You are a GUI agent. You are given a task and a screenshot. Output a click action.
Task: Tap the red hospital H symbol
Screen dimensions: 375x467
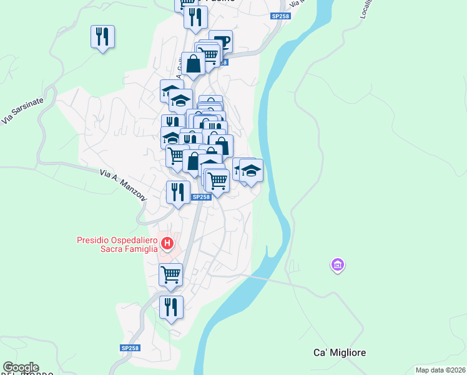pos(167,242)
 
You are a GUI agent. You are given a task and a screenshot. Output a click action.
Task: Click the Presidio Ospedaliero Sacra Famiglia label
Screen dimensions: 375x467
pos(117,244)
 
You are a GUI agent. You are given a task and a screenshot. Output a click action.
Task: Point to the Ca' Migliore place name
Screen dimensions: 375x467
pos(340,352)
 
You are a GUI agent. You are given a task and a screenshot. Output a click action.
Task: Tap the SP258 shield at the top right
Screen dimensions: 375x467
pos(280,16)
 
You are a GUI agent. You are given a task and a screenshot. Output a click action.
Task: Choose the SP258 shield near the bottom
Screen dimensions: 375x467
pos(130,347)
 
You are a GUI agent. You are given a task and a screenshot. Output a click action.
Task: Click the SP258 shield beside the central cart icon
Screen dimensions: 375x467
pos(200,197)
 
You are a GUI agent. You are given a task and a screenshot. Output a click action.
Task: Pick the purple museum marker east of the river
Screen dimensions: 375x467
pos(338,266)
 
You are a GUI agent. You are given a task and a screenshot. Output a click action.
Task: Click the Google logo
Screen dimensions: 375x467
pos(21,367)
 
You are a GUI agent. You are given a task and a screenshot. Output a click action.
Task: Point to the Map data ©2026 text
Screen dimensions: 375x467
pos(440,370)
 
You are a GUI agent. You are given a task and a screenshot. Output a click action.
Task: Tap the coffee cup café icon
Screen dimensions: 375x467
pos(221,42)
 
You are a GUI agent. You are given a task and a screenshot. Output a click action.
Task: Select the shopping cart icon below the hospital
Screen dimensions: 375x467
pos(170,274)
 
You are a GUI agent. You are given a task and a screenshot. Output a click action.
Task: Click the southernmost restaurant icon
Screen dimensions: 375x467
pos(170,307)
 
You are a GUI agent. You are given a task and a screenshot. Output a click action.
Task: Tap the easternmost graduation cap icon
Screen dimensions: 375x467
pos(251,171)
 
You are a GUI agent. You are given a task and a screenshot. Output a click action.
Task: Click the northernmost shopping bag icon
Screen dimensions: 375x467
pos(194,63)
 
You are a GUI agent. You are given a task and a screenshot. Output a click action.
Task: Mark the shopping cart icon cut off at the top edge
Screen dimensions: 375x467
pos(186,3)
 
